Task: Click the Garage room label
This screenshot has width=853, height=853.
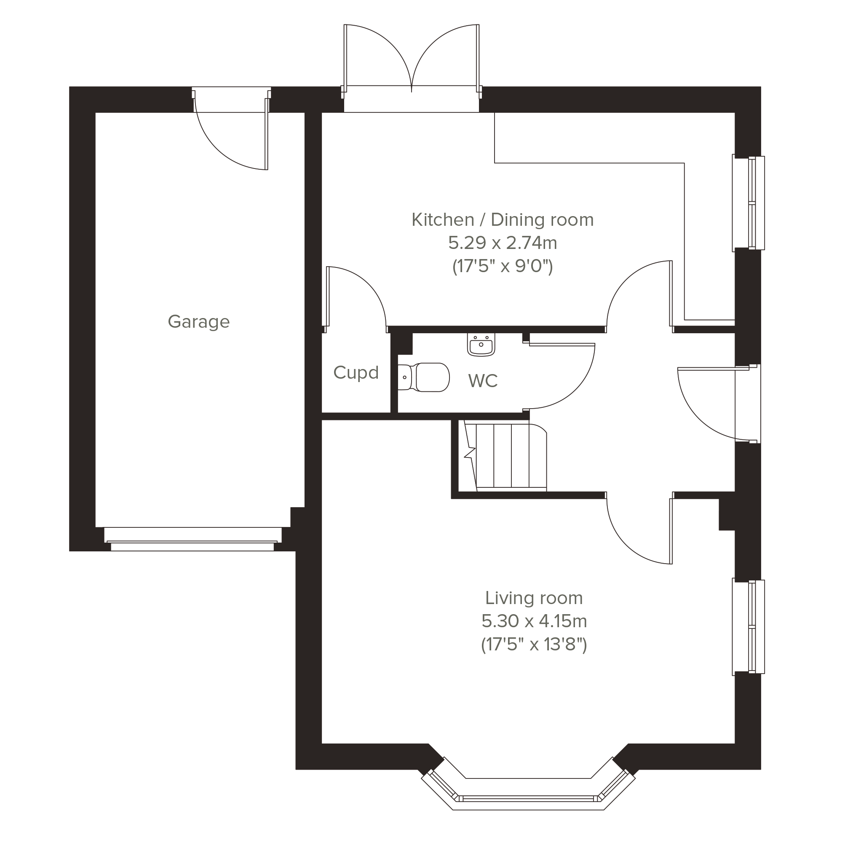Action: (199, 322)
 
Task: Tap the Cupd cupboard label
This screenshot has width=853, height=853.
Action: (356, 373)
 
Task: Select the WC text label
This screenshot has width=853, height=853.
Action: (483, 380)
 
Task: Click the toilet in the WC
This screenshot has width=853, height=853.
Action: (423, 377)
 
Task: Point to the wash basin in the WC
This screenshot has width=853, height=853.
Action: (481, 345)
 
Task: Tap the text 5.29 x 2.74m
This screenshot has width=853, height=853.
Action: (503, 243)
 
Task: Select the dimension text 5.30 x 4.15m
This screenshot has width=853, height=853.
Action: (534, 621)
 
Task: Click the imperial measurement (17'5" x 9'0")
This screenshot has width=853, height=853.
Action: (503, 266)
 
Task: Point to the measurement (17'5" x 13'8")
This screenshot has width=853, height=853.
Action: (534, 644)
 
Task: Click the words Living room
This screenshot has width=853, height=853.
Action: (534, 598)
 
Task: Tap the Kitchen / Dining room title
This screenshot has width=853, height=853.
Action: (503, 220)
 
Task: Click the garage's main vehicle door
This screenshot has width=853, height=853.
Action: (193, 539)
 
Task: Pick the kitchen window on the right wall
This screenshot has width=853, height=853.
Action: (749, 203)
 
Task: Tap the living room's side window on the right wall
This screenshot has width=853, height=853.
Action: (749, 627)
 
